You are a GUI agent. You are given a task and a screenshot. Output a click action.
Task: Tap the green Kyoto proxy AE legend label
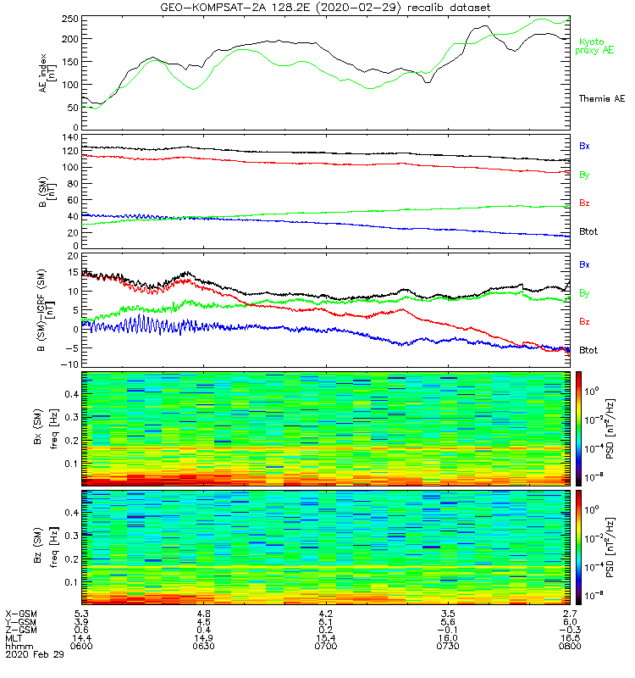click(x=595, y=47)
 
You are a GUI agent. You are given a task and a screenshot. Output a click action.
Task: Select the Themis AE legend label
click(x=600, y=99)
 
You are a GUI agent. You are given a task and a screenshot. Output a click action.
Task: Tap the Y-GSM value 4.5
click(x=203, y=621)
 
